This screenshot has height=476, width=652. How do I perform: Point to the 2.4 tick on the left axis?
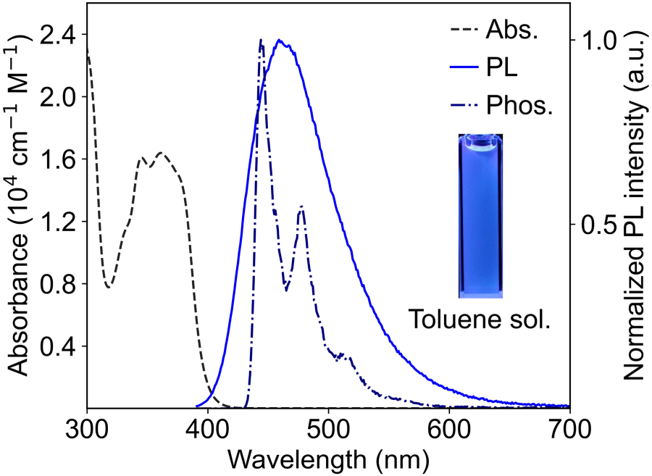click(x=59, y=35)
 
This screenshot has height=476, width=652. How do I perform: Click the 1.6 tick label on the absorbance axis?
click(x=59, y=159)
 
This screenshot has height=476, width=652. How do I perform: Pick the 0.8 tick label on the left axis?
click(x=59, y=284)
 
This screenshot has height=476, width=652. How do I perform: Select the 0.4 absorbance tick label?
click(x=59, y=346)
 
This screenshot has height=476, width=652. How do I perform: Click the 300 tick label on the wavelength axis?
click(x=87, y=428)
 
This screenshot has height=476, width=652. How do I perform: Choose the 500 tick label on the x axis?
click(x=328, y=428)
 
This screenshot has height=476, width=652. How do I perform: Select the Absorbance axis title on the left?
click(x=22, y=217)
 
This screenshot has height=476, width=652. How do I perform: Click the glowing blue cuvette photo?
click(x=480, y=216)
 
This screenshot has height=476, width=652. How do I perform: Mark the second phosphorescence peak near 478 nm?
click(x=301, y=207)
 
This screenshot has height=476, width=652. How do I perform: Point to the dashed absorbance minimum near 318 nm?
click(x=109, y=287)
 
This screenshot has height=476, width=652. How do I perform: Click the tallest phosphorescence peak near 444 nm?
click(x=261, y=41)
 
